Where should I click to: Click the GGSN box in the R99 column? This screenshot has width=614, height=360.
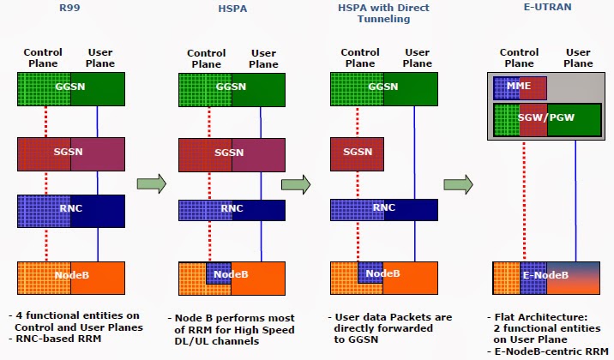[x=71, y=87]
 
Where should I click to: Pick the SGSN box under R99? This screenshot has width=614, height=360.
[x=71, y=153]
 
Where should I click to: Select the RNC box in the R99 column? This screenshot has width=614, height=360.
[x=71, y=210]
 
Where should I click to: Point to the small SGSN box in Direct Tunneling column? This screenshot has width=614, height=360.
[x=357, y=153]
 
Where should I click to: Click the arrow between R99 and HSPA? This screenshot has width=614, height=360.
[x=151, y=183]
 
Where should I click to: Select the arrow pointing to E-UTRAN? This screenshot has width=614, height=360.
[x=458, y=183]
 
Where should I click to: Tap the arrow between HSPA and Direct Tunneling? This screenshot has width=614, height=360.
[x=295, y=183]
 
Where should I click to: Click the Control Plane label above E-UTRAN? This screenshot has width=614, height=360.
[x=519, y=57]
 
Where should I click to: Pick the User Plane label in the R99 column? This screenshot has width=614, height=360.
[x=100, y=57]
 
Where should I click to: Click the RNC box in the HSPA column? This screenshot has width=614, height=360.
[x=232, y=210]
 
